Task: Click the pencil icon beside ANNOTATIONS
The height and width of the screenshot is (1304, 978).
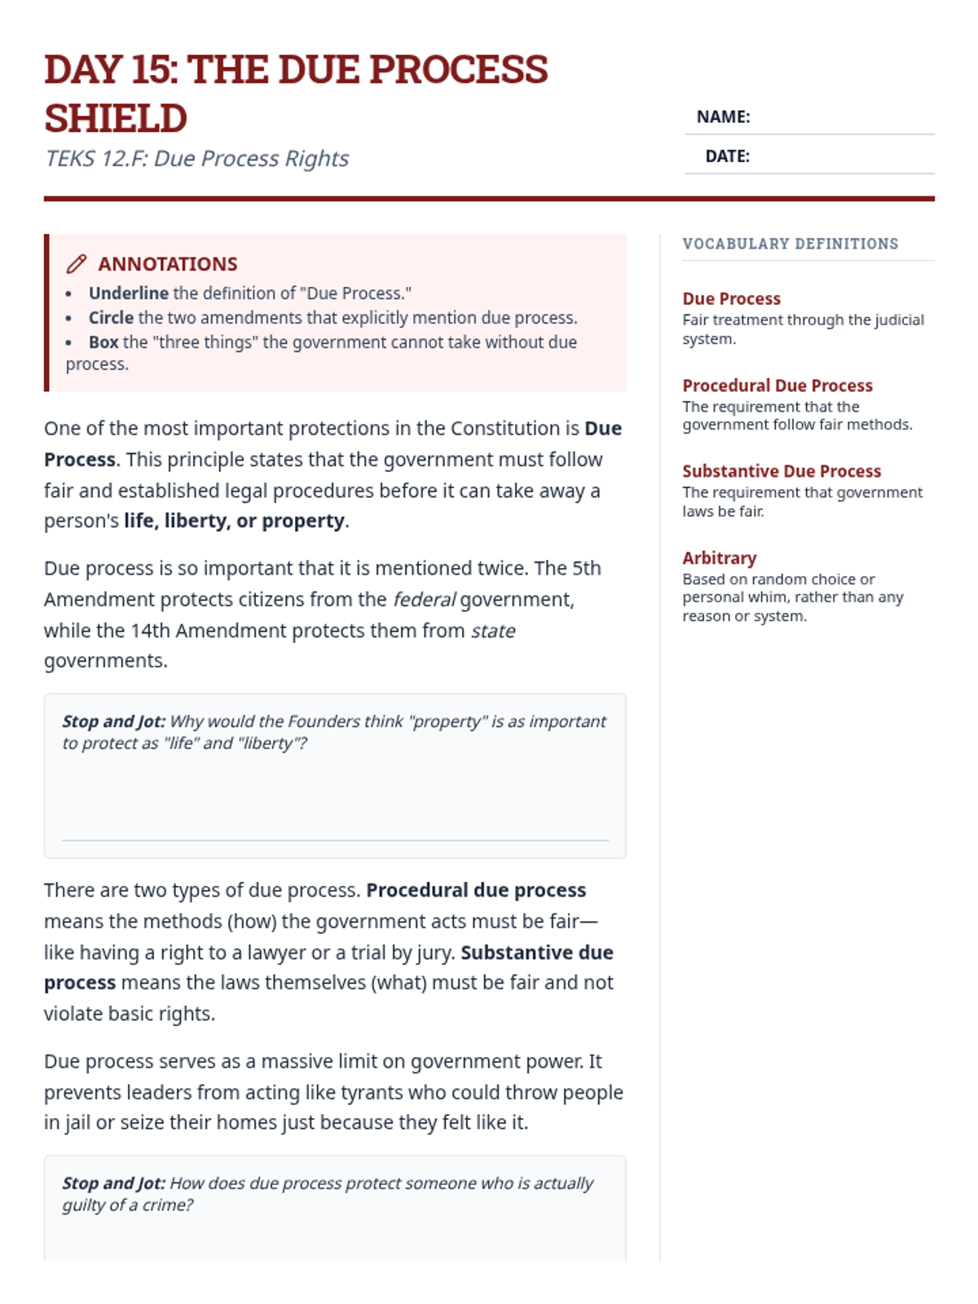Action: click(x=77, y=264)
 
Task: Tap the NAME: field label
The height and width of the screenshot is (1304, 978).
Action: click(x=723, y=117)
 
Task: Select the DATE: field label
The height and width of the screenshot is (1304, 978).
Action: click(x=727, y=156)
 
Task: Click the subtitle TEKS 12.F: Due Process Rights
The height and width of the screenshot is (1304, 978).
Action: click(x=196, y=158)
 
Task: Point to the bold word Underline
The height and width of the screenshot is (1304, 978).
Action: click(x=129, y=293)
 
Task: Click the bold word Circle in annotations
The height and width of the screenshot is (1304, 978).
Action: click(x=111, y=318)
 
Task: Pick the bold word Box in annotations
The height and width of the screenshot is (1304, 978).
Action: click(x=104, y=342)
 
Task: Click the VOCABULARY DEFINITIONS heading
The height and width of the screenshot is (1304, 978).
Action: click(x=790, y=244)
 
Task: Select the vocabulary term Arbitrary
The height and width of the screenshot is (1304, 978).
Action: click(x=719, y=558)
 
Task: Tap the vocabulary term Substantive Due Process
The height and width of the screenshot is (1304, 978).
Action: click(x=782, y=471)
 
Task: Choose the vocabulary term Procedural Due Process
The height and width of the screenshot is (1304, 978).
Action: click(x=777, y=385)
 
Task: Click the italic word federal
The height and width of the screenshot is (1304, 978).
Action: click(x=424, y=600)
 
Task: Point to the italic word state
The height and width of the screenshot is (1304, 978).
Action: click(x=493, y=631)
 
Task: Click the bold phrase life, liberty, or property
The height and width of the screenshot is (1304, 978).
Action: click(x=234, y=521)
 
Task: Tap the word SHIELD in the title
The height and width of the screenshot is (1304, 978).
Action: click(x=116, y=119)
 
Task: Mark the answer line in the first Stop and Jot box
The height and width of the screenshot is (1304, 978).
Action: click(x=335, y=839)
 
